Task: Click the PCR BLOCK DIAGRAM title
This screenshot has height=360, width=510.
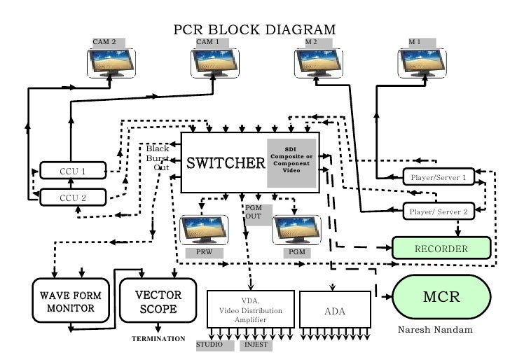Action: [x=254, y=29]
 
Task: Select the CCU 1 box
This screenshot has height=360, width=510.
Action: [x=73, y=171]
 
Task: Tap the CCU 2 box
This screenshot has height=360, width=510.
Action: [x=73, y=198]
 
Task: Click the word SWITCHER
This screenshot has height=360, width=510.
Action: [x=225, y=163]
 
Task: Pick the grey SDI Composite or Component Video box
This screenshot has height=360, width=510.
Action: [x=291, y=162]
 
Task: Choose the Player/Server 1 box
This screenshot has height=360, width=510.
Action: [x=438, y=177]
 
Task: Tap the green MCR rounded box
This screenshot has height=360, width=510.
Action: [x=441, y=296]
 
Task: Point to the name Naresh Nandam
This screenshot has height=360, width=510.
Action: [x=435, y=329]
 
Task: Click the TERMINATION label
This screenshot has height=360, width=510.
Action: [x=158, y=338]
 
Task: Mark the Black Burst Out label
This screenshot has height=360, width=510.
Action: [x=158, y=158]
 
